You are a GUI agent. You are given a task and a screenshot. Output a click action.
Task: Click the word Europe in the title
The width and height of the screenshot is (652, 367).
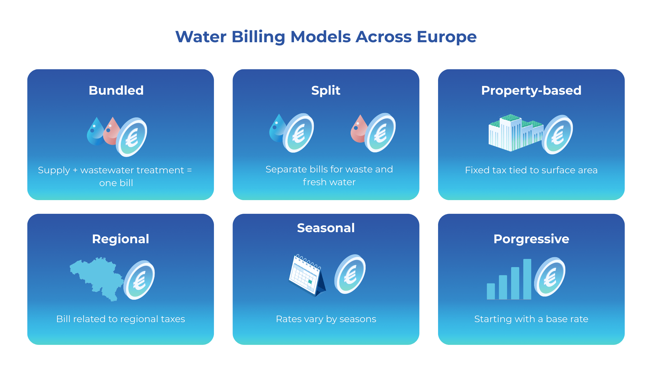[x=447, y=37]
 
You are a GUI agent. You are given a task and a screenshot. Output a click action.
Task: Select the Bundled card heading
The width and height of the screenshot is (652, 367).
[x=116, y=90]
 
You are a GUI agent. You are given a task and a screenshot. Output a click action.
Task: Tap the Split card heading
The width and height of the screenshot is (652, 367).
[x=326, y=91]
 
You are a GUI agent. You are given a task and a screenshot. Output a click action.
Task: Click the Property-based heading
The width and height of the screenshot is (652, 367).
[x=531, y=91]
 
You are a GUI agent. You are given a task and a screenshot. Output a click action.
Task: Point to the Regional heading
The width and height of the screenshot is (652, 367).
[x=121, y=239]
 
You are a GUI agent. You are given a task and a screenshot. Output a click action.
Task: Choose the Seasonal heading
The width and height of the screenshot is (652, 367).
[x=326, y=228]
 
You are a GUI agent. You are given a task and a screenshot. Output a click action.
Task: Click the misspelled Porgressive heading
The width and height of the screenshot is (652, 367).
[x=531, y=239]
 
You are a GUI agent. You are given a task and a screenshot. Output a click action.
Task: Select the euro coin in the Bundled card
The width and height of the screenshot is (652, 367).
[x=132, y=137]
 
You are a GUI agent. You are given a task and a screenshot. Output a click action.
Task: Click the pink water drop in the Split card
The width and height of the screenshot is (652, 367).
[x=359, y=129]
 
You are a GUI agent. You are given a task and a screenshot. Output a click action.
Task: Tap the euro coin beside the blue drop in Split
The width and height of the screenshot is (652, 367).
[x=299, y=133]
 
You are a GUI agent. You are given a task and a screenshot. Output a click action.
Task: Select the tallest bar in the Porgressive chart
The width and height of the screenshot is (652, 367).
[x=527, y=279]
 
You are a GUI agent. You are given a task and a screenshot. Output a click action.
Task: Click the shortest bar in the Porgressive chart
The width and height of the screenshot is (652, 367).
[x=491, y=291]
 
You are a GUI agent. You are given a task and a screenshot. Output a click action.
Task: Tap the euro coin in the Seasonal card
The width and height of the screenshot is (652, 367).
[x=350, y=274]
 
